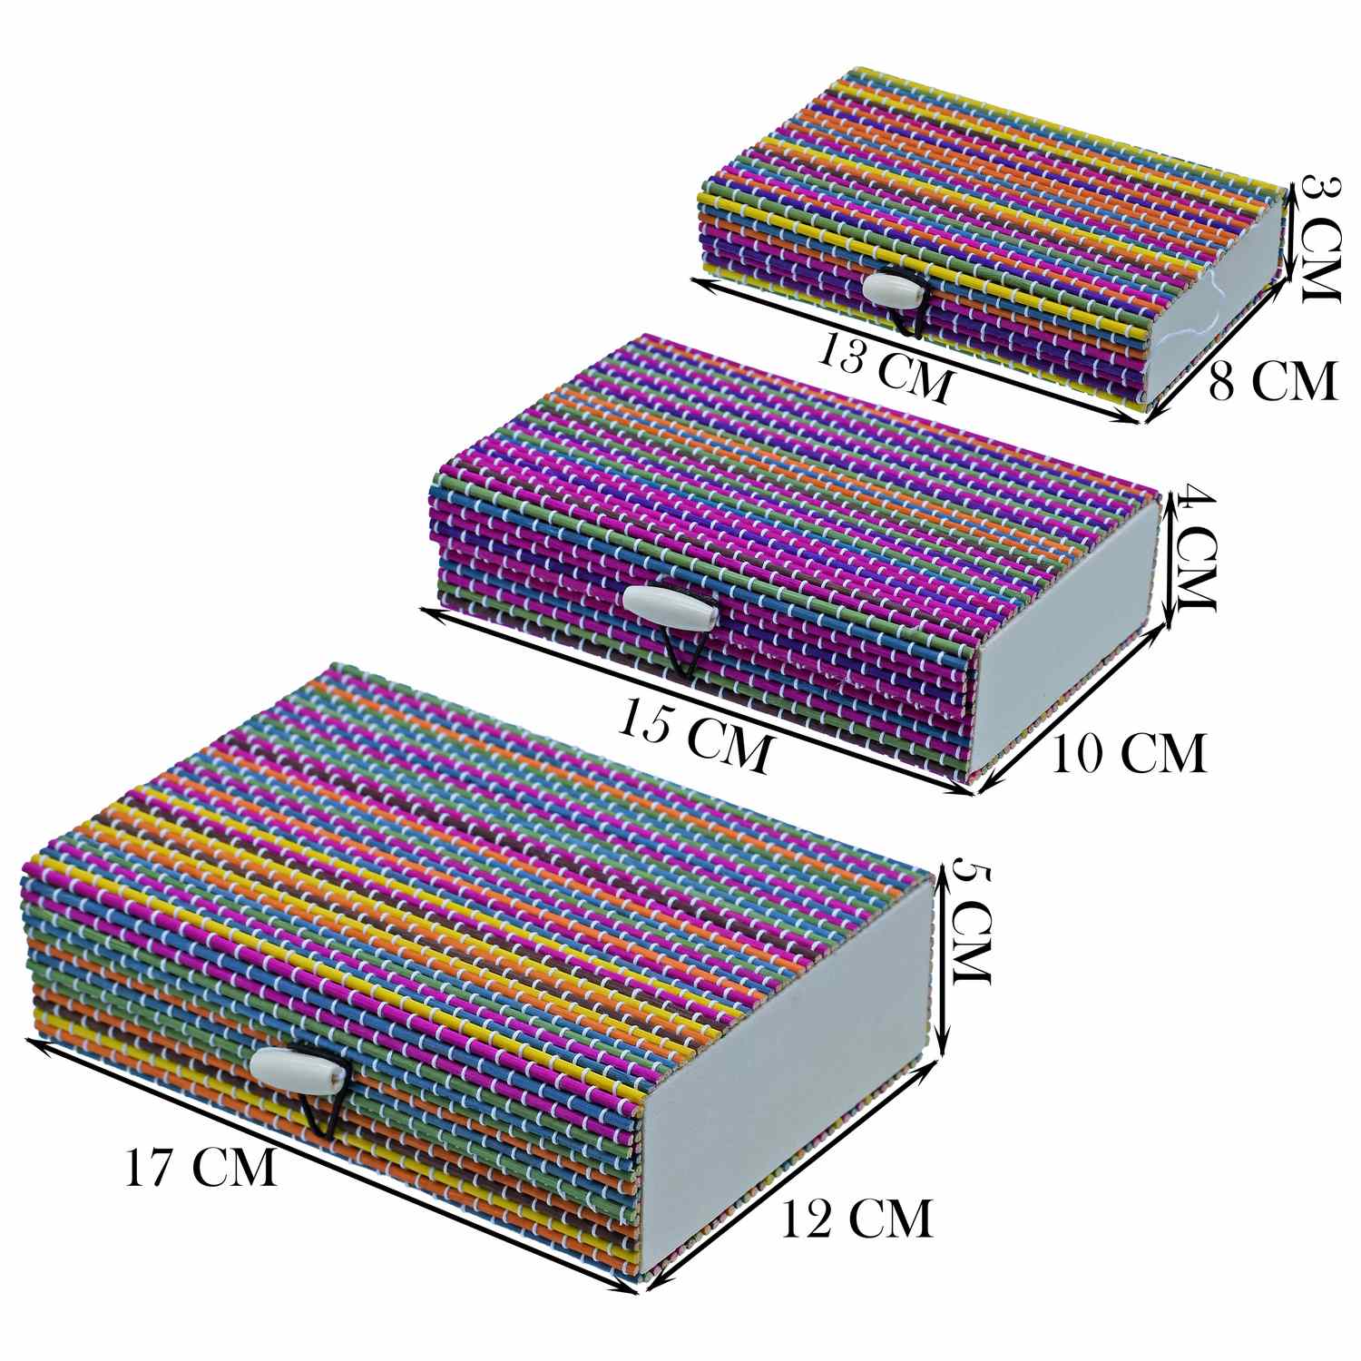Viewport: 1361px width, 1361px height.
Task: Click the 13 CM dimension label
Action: click(885, 367)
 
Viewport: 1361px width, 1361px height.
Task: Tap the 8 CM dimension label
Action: click(1272, 380)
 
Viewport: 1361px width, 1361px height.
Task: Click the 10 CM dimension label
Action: click(1130, 752)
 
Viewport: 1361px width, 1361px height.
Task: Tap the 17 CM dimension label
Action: click(201, 1167)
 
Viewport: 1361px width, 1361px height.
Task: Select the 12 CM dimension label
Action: click(857, 1218)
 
